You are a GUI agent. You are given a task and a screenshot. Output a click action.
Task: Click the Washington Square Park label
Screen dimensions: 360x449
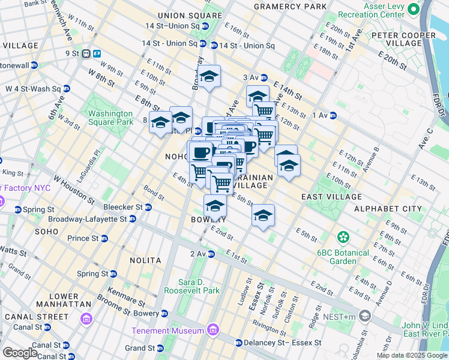coord(110,118)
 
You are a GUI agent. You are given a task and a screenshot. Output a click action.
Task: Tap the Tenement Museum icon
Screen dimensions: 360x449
coord(212,331)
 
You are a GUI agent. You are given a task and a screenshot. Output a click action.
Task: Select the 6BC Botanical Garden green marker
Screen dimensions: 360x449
coord(343,237)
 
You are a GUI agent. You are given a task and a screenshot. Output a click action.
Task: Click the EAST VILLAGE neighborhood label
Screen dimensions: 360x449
coord(331,196)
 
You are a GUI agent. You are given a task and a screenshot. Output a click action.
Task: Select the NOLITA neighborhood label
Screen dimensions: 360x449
coord(145,260)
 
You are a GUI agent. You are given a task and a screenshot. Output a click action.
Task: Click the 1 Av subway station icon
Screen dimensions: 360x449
coord(333,115)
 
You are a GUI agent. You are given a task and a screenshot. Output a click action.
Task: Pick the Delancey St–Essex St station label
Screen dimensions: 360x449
coord(282,343)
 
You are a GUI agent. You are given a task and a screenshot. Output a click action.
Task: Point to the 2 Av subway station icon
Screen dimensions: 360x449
coord(211,254)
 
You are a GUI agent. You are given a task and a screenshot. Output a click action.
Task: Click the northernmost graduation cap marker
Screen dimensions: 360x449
coord(209,76)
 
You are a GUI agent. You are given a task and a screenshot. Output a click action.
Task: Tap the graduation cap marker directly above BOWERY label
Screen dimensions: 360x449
coord(215,206)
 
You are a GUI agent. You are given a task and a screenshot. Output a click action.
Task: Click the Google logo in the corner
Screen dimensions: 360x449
coord(20,353)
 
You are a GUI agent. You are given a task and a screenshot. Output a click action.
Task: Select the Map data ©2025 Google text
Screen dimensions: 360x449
coord(412,355)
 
